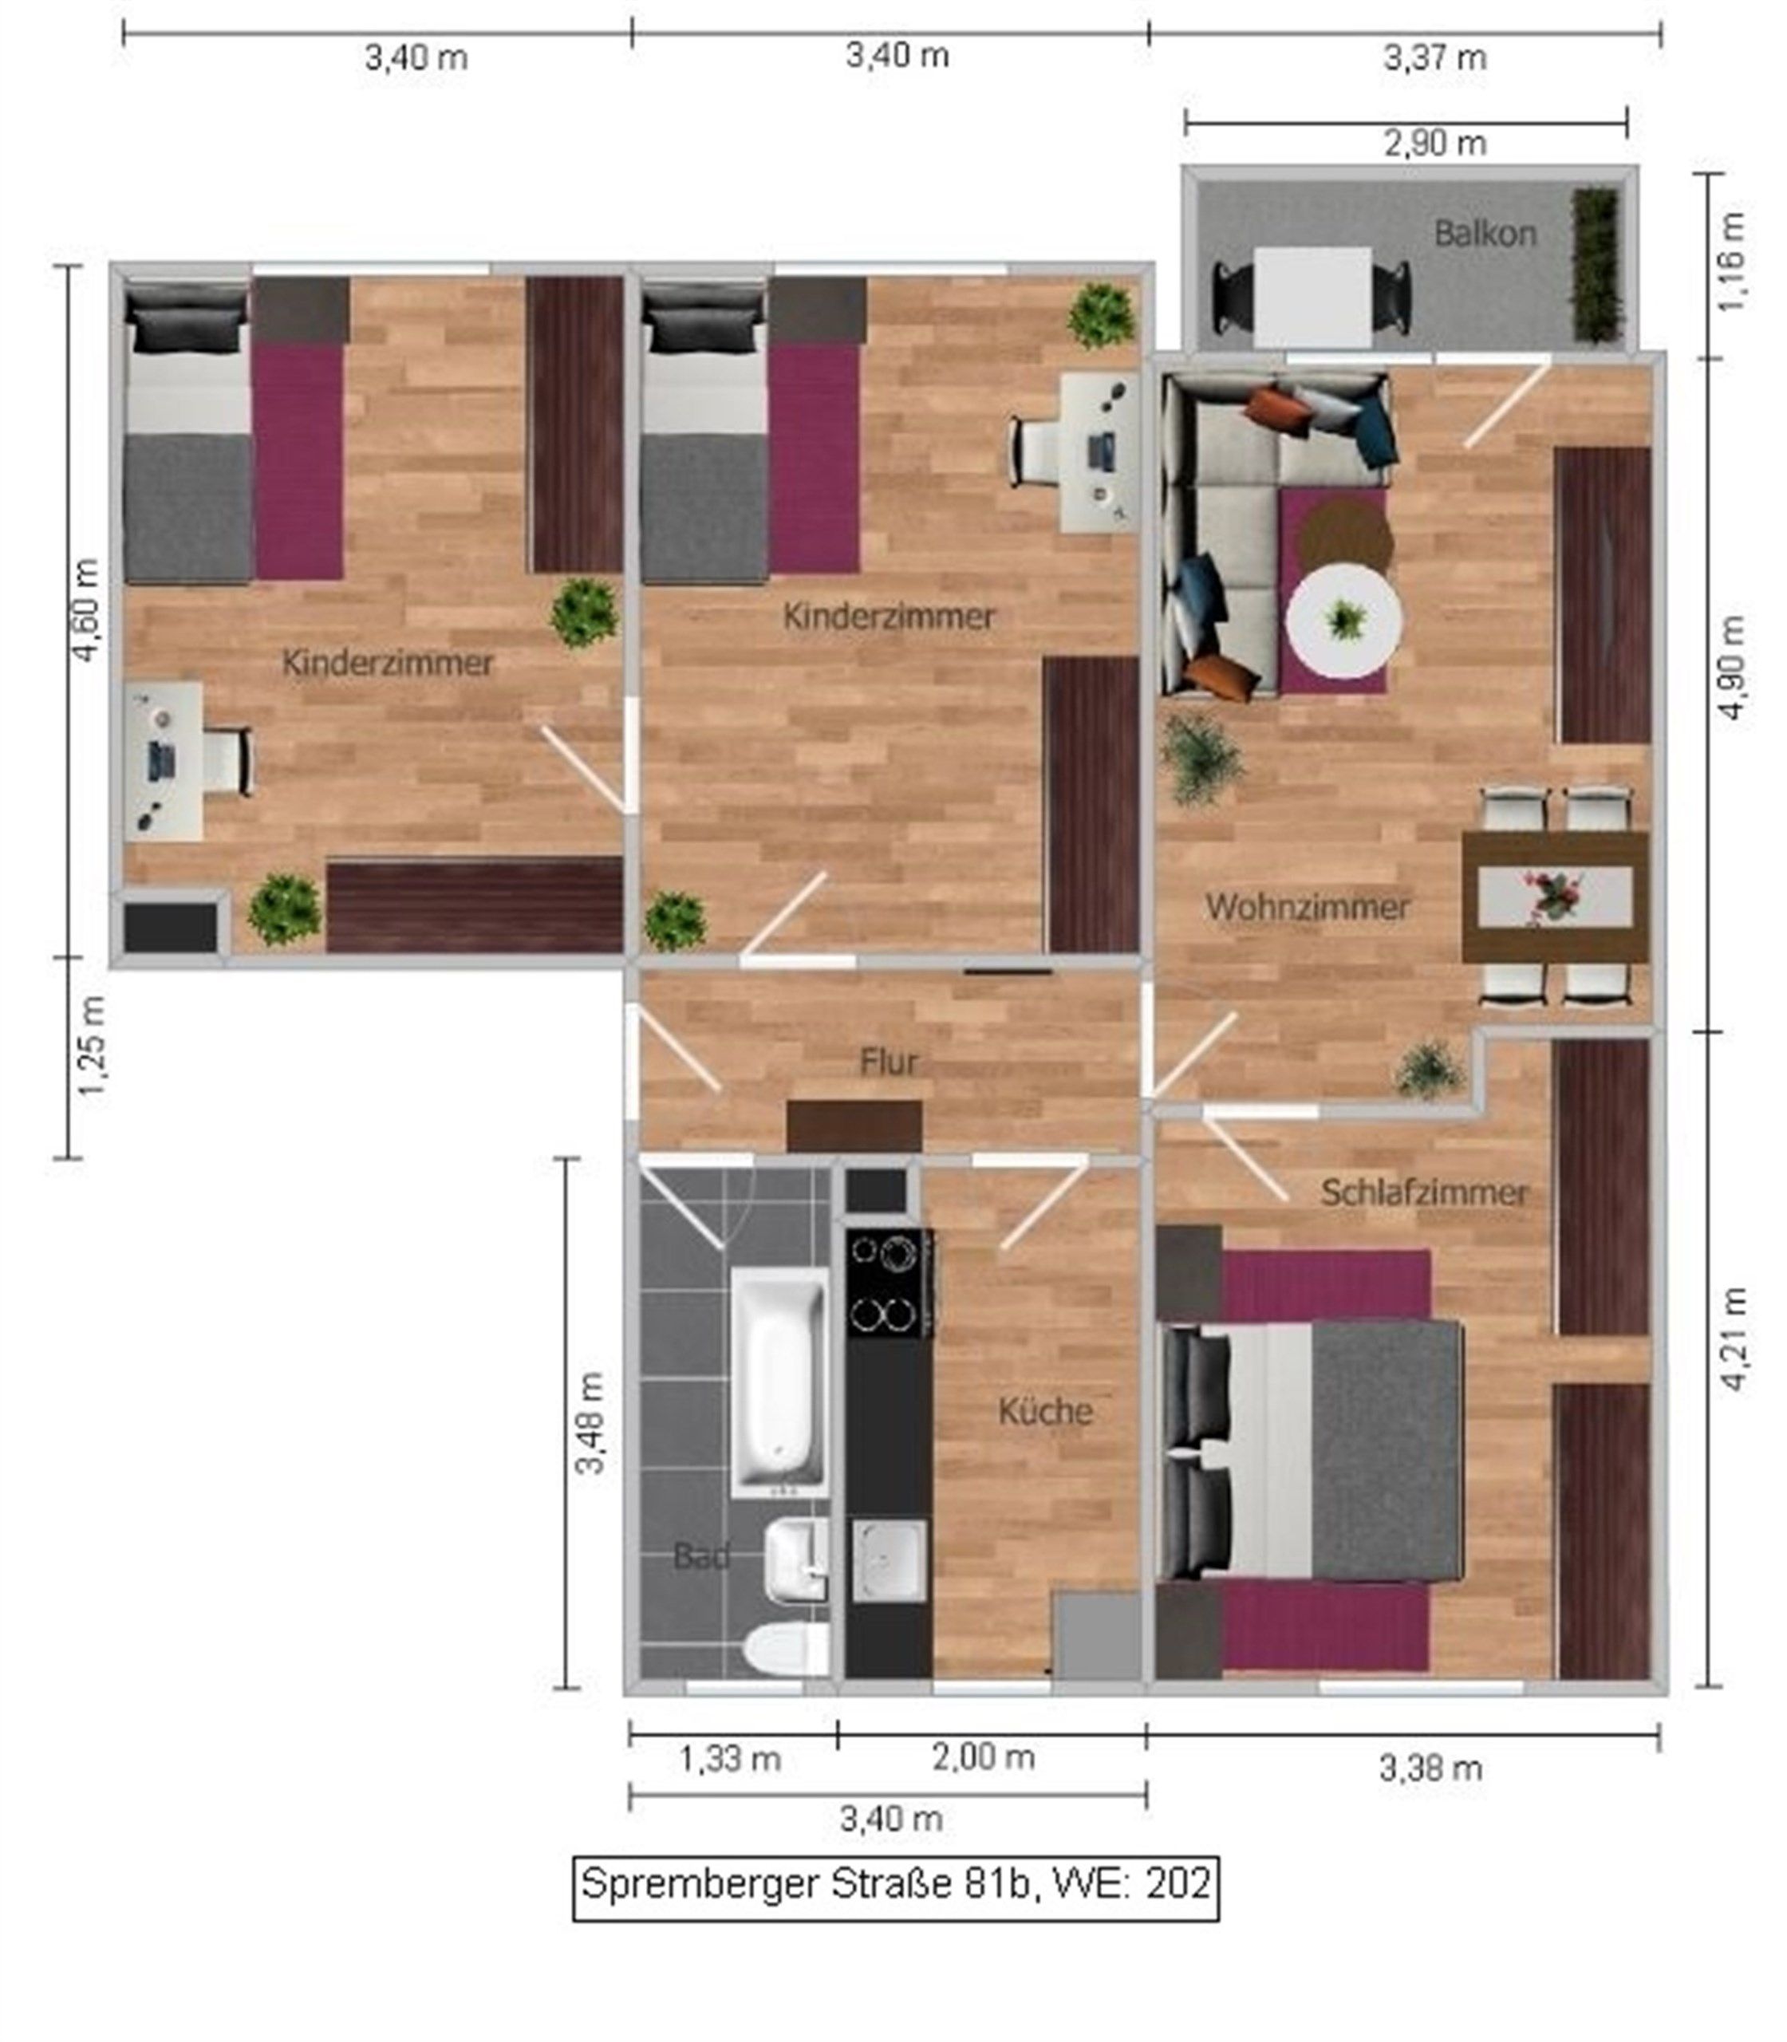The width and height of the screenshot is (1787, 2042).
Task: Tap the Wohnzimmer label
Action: tap(1308, 908)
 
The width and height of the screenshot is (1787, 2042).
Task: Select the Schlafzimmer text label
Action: tap(1424, 1192)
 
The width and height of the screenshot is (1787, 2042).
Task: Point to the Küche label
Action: tap(1045, 1411)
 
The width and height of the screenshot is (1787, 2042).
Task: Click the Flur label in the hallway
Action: tap(889, 1062)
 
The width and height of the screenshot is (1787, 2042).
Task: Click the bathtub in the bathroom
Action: tap(780, 1382)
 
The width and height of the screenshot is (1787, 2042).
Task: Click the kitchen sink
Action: tap(890, 1559)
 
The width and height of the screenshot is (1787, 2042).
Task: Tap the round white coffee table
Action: tap(1343, 621)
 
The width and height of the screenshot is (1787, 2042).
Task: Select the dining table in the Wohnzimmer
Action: tap(1555, 897)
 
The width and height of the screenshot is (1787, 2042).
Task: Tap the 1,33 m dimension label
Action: tap(730, 1760)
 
